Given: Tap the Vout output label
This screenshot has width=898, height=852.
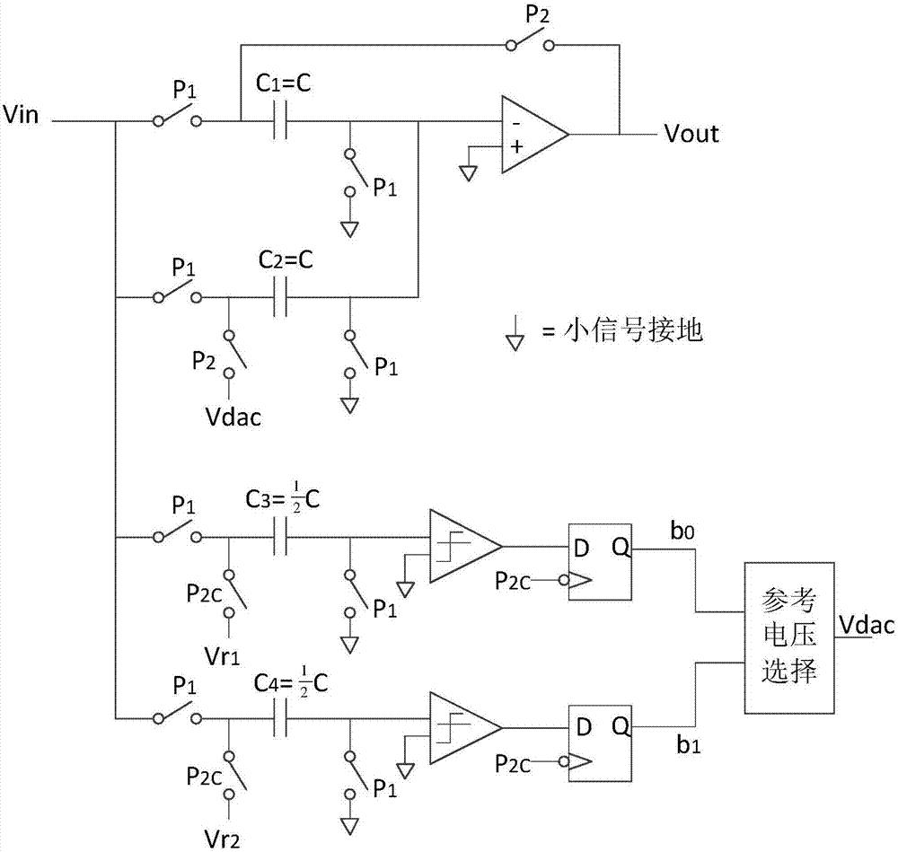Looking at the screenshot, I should [691, 134].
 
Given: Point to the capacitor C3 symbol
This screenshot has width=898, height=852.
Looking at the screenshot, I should [281, 540].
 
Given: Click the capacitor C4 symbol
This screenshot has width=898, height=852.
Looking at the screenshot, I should [281, 719].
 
